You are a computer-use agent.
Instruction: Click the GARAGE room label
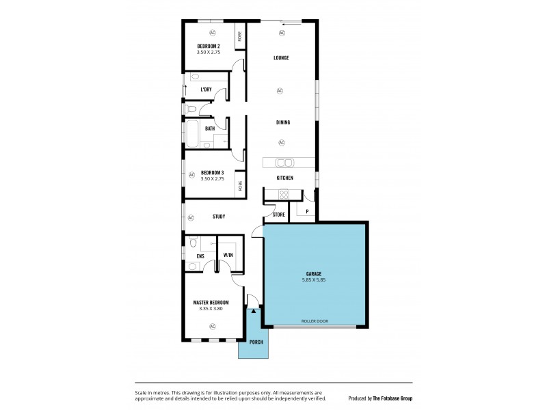[x=315, y=273]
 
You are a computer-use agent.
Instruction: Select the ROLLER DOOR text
[x=315, y=320]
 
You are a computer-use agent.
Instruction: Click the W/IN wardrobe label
[x=228, y=256]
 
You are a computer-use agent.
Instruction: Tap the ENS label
[x=200, y=256]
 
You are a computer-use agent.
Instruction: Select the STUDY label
[x=219, y=217]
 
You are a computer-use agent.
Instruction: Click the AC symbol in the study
[x=191, y=217]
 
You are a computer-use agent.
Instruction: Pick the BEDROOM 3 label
[x=213, y=172]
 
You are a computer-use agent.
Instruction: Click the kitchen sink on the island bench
[x=284, y=163]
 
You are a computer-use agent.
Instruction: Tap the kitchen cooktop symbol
[x=284, y=194]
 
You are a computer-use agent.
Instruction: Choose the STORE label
[x=278, y=215]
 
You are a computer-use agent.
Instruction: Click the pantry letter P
[x=308, y=212]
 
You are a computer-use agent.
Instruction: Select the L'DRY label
[x=206, y=90]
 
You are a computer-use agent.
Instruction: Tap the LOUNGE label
[x=281, y=58]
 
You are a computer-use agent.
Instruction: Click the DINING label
[x=283, y=122]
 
